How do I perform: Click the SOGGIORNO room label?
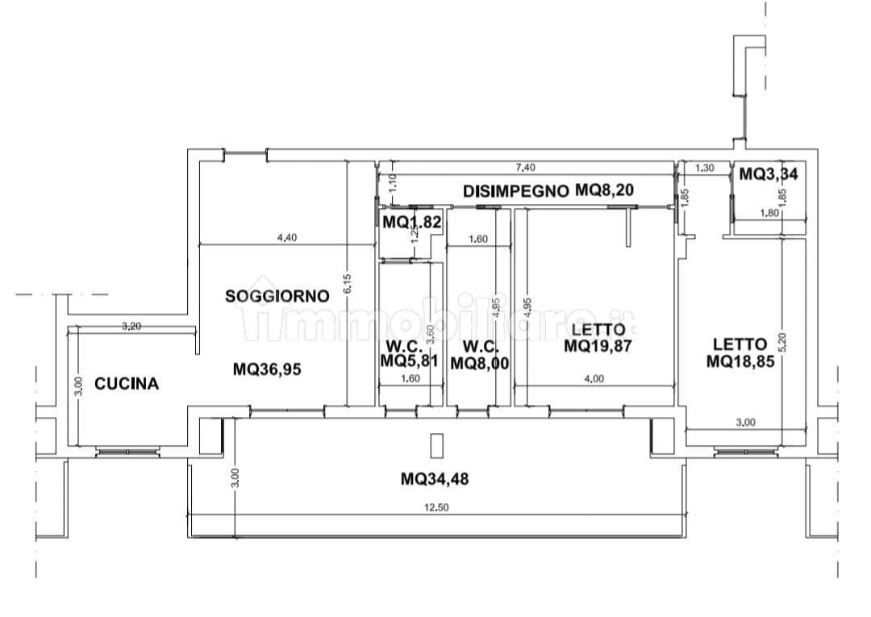click(277, 296)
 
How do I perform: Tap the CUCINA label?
click(127, 384)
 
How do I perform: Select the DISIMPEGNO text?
click(516, 191)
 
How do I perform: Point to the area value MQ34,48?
click(435, 479)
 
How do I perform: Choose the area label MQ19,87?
click(597, 347)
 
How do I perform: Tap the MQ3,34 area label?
click(769, 173)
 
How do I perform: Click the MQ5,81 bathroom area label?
click(410, 361)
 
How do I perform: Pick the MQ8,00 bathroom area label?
click(479, 363)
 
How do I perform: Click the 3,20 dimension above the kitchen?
click(131, 326)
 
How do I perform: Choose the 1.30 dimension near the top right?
click(703, 169)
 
